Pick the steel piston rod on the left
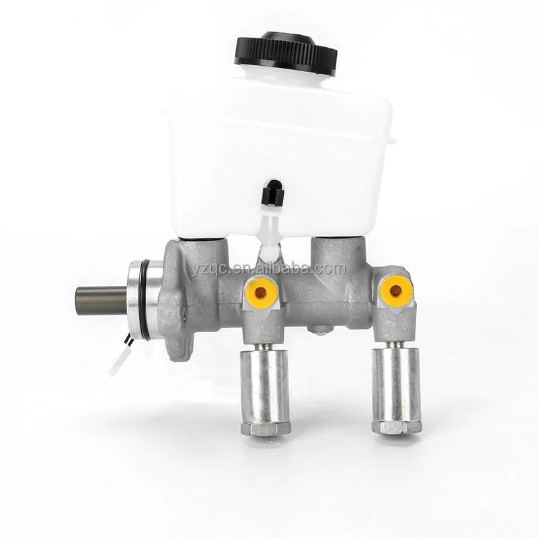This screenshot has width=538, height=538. [x=101, y=301]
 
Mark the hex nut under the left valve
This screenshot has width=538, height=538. [x=265, y=428]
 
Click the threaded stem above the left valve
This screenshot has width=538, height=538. [x=264, y=344]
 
